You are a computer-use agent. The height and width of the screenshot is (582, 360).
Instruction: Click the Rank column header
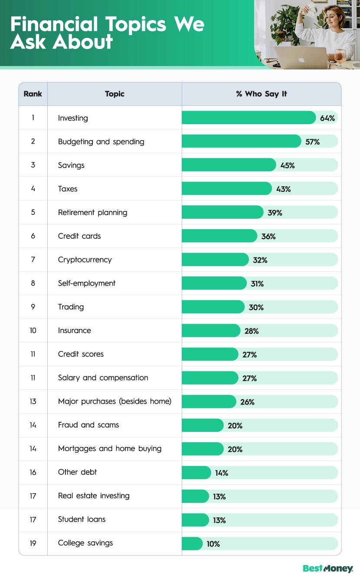(x=33, y=94)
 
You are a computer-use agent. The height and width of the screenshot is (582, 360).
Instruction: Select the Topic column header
(x=115, y=94)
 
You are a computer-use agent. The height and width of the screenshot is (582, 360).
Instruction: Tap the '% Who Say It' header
(x=262, y=94)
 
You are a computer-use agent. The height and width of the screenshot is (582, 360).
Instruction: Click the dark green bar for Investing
(x=249, y=118)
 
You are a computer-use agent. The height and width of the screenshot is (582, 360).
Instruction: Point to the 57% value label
(x=312, y=141)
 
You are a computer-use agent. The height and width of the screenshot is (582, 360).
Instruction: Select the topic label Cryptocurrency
(x=85, y=260)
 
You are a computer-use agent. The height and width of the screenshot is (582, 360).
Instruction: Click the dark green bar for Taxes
(x=226, y=189)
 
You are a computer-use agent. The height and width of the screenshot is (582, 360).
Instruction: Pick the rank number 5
(x=33, y=212)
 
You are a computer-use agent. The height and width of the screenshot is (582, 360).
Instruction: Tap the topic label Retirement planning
(x=92, y=212)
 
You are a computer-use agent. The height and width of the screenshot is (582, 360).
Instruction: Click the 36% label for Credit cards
(x=268, y=236)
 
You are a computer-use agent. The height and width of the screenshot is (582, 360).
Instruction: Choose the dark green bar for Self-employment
(x=214, y=283)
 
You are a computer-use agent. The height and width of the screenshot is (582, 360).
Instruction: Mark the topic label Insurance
(x=75, y=330)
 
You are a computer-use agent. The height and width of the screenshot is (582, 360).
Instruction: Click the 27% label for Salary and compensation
(x=249, y=378)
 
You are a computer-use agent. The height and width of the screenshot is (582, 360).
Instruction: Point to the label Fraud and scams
(x=88, y=425)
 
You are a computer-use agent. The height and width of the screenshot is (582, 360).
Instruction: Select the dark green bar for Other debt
(x=196, y=473)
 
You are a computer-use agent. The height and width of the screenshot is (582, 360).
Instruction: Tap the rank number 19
(x=33, y=543)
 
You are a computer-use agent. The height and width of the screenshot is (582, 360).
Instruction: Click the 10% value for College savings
(x=213, y=544)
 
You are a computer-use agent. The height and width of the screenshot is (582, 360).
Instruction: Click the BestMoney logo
(x=328, y=569)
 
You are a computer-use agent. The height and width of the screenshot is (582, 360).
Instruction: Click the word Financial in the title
(x=54, y=25)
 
